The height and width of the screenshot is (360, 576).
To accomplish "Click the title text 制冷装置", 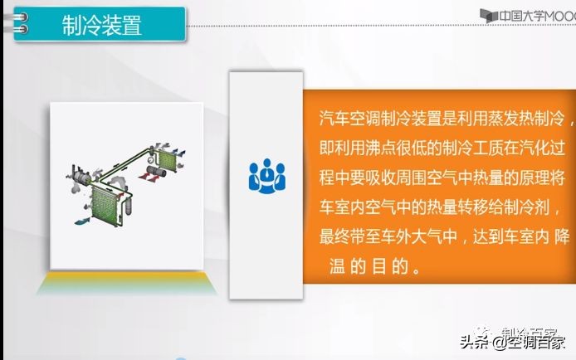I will point(101,26).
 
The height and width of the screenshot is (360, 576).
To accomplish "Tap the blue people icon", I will point(266,174).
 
